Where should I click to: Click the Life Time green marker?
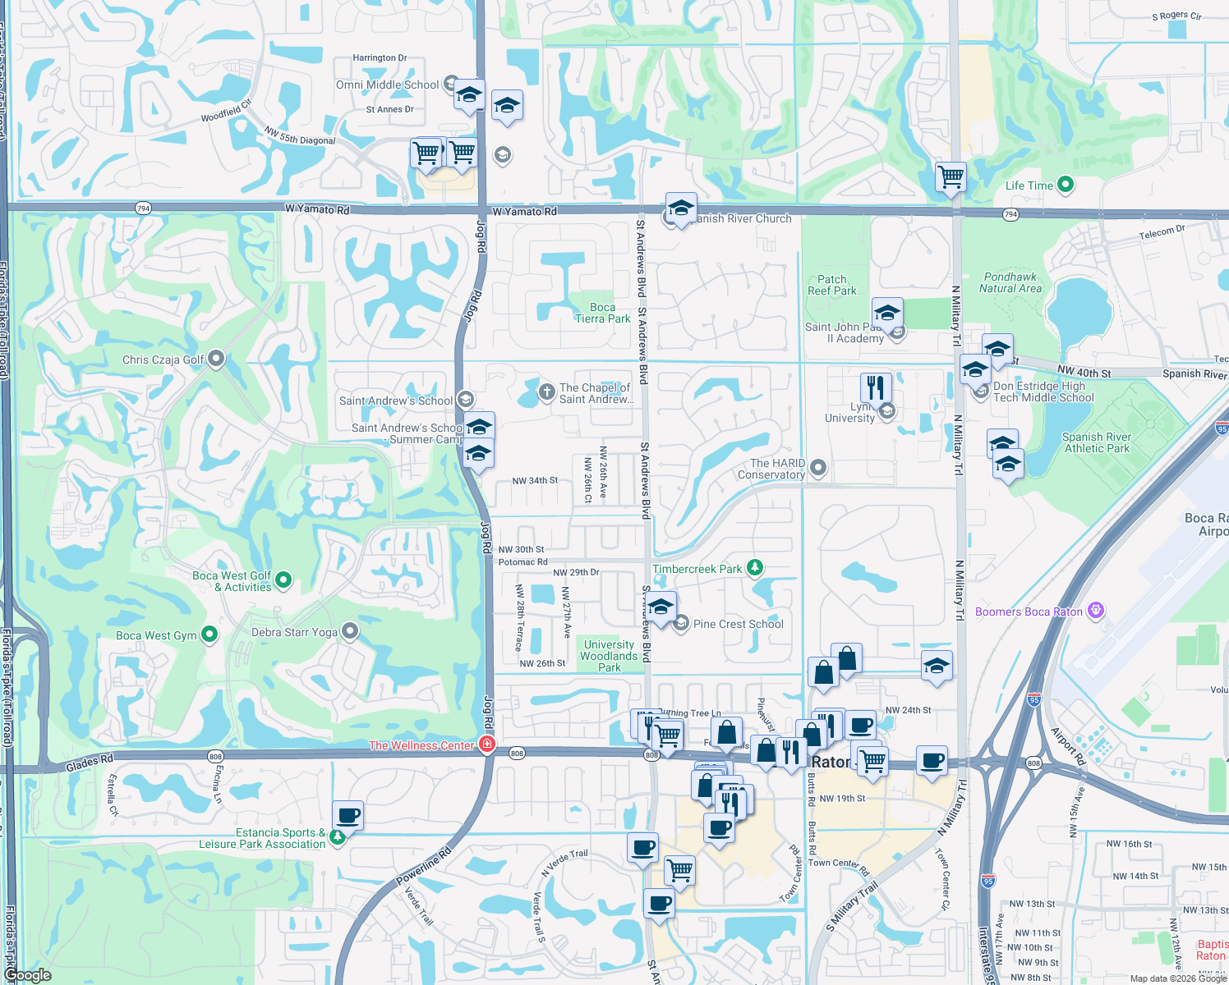[1065, 185]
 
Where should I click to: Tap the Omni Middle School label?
[387, 85]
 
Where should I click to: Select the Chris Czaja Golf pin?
[216, 359]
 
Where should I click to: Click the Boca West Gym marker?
[209, 635]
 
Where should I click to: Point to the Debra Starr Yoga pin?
[350, 631]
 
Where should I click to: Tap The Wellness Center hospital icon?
[487, 744]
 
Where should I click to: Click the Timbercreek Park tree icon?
[755, 568]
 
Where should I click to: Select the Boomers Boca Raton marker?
[1095, 611]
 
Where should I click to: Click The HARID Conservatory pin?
[817, 468]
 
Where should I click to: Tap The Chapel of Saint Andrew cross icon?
[546, 392]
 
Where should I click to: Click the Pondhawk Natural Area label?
[1010, 282]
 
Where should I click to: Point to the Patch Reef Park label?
[831, 285]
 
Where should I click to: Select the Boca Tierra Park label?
[602, 313]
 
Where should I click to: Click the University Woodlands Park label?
[609, 656]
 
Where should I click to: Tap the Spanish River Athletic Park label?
[1096, 442]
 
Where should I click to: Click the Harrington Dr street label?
[380, 58]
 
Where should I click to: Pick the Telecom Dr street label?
[1162, 233]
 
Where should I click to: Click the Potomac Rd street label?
[522, 562]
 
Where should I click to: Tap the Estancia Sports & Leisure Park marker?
[337, 838]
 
